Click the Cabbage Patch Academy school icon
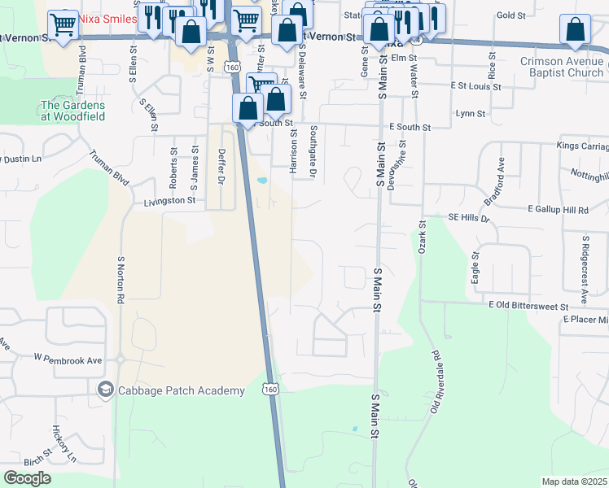(105, 391)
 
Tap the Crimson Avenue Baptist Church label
(563, 68)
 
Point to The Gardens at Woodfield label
(73, 111)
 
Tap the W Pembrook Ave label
(68, 359)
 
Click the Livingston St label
(169, 200)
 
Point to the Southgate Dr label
(313, 151)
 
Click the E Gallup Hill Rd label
(558, 210)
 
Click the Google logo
(28, 478)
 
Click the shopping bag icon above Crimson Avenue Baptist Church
(575, 29)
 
